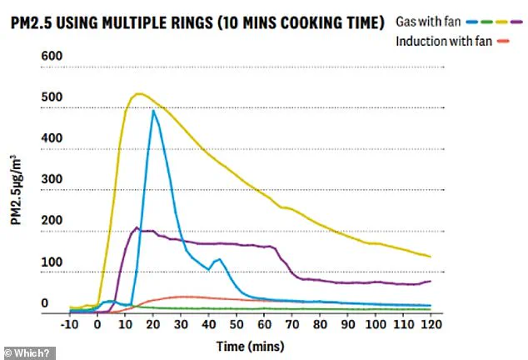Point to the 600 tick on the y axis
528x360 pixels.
click(x=52, y=56)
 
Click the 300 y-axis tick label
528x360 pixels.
click(x=52, y=180)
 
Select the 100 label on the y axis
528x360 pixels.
click(x=52, y=262)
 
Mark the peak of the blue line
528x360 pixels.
click(x=153, y=111)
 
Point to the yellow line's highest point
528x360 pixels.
click(x=138, y=93)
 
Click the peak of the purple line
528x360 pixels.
click(x=137, y=227)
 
